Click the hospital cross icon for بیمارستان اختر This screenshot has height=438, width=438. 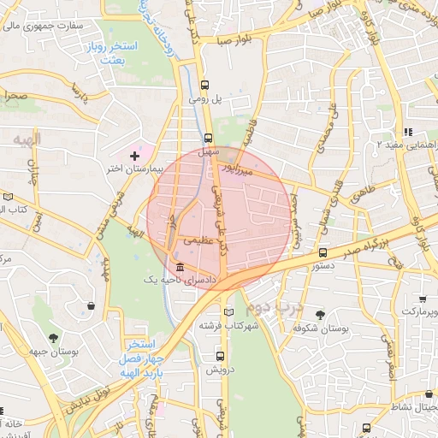pos(134,155)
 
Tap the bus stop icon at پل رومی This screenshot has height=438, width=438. pos(205,85)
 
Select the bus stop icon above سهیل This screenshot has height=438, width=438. pos(209,137)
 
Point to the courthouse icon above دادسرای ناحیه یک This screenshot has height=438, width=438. pos(178,266)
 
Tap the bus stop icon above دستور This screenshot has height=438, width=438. pos(323,252)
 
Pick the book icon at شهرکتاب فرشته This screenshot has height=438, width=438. pos(228,312)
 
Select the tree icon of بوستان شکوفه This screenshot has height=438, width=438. pos(321,315)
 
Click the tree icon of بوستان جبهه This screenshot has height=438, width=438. pos(54,338)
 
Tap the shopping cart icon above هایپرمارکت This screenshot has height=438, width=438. pos(423,299)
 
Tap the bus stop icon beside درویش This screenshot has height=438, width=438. pos(221,356)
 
